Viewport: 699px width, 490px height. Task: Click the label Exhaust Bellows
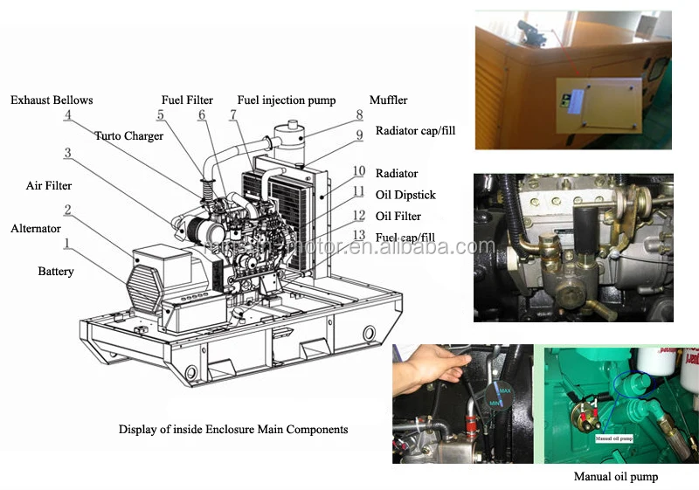52,100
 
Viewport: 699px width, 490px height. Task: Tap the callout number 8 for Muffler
359,114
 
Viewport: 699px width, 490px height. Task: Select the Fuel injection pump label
287,100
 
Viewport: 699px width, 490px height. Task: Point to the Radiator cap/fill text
415,131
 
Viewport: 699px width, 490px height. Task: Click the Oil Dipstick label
405,195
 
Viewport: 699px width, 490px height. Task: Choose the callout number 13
359,235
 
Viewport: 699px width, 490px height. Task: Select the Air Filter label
49,185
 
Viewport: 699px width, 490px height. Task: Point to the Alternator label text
36,228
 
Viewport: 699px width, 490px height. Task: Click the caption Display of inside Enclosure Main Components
233,429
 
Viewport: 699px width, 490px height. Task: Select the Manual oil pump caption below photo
615,476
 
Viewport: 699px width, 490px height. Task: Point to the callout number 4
67,114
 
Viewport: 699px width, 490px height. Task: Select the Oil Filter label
398,216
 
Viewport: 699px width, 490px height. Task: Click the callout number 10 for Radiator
359,171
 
